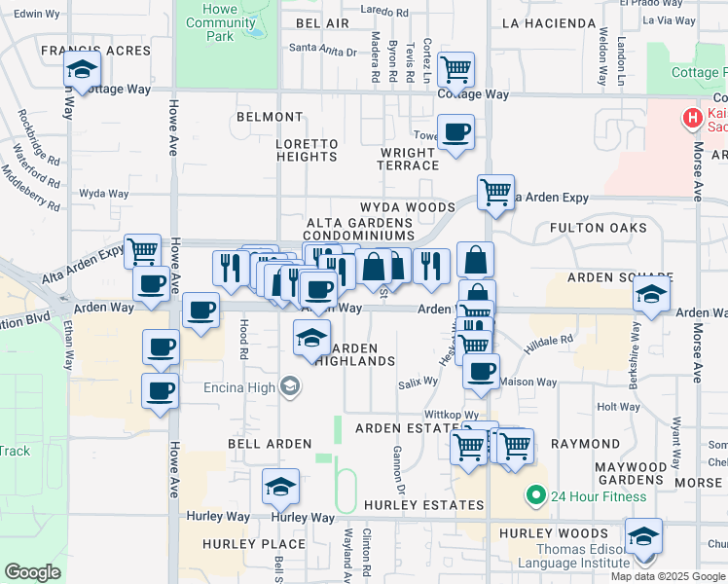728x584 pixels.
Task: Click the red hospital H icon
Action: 692,119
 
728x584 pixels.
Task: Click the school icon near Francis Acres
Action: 83,69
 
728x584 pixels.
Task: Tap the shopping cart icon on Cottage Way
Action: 455,70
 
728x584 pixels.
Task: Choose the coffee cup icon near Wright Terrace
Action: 455,132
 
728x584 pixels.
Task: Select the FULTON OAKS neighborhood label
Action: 598,228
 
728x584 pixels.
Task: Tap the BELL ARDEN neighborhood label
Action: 255,443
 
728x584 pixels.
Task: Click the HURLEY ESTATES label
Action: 423,505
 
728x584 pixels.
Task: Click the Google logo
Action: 32,572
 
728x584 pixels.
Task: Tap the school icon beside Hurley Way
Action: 280,487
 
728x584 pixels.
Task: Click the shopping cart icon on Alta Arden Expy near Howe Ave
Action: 142,250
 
